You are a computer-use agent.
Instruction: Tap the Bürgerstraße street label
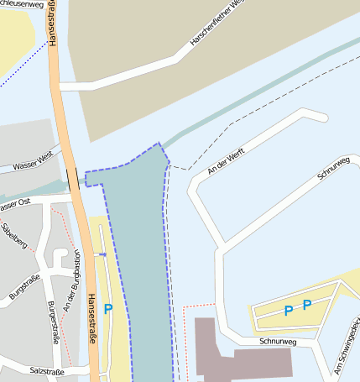54,321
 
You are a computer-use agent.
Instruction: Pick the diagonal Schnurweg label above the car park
332,167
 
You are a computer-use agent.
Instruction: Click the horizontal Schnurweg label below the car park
279,342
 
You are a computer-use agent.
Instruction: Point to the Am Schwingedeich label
347,346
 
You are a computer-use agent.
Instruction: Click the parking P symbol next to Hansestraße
107,309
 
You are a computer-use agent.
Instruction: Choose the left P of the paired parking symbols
288,311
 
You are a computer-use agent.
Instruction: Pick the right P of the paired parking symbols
306,304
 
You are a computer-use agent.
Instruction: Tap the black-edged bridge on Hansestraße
74,178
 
